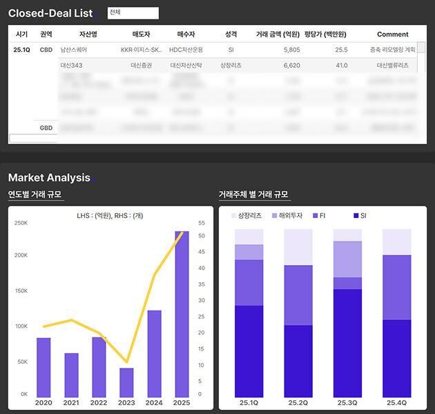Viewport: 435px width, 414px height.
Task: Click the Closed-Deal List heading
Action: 50,13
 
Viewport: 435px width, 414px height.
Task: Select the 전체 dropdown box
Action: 133,13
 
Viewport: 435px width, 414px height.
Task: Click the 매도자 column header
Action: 141,34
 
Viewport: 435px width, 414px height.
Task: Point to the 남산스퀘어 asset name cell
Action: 74,50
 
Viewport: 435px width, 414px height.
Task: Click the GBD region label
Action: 46,128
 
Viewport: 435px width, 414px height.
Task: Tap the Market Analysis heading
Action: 49,177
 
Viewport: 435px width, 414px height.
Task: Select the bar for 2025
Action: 182,314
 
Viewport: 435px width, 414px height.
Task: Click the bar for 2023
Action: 126,382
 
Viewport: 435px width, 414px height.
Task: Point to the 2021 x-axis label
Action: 71,403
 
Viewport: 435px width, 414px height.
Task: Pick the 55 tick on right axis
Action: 201,223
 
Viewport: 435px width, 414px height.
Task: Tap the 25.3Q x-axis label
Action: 347,403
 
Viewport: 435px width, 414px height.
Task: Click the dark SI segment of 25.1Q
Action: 249,351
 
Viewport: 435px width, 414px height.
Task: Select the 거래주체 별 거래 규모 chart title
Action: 253,195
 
